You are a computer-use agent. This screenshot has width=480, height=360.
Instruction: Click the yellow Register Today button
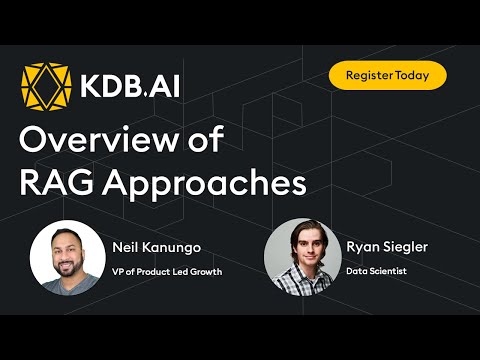pos(387,75)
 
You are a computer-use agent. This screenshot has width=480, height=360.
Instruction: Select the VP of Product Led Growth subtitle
pos(167,270)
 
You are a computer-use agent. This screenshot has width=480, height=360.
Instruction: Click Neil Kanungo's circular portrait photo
pos(68,257)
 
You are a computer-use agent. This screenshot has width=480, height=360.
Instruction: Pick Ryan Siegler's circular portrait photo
pos(301,255)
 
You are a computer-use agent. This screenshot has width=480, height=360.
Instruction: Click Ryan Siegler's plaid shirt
pos(301,280)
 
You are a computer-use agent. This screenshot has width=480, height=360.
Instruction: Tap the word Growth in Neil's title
pos(204,270)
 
